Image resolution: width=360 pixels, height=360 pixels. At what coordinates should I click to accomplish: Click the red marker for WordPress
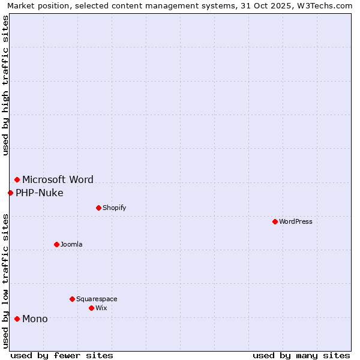pos(275,221)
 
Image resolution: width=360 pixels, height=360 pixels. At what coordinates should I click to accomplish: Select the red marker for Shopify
pos(98,208)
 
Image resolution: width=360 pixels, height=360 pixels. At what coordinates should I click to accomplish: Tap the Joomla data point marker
pos(56,244)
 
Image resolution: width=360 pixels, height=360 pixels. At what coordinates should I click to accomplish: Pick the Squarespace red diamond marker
pos(72,299)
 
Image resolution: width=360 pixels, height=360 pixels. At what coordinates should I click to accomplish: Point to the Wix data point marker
pos(91,308)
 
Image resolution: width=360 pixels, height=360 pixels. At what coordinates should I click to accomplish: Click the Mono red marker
pos(17,319)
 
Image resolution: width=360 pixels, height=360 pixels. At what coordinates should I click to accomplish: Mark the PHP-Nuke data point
pos(10,193)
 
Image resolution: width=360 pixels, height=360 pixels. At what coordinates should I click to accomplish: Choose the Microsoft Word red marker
pos(17,179)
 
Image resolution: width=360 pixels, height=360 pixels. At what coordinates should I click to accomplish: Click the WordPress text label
pos(296,221)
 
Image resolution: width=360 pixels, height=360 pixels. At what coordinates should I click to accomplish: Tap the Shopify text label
pos(114,208)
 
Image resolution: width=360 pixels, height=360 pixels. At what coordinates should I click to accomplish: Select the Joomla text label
pos(71,244)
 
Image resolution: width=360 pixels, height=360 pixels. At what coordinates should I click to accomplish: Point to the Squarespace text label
pos(97,299)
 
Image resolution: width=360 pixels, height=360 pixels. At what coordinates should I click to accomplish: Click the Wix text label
pos(101,308)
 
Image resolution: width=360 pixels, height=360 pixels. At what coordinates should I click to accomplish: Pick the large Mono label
pos(35,319)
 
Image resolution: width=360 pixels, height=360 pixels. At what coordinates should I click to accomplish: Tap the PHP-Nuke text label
pos(40,193)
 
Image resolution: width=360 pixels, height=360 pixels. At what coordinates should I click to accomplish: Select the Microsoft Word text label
pos(58,179)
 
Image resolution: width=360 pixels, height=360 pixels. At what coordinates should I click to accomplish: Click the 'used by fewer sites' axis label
pos(62,355)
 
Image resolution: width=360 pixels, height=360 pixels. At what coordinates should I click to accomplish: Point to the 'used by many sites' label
pos(301,355)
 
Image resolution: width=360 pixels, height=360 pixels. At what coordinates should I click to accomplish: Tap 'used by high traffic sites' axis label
pos(6,85)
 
